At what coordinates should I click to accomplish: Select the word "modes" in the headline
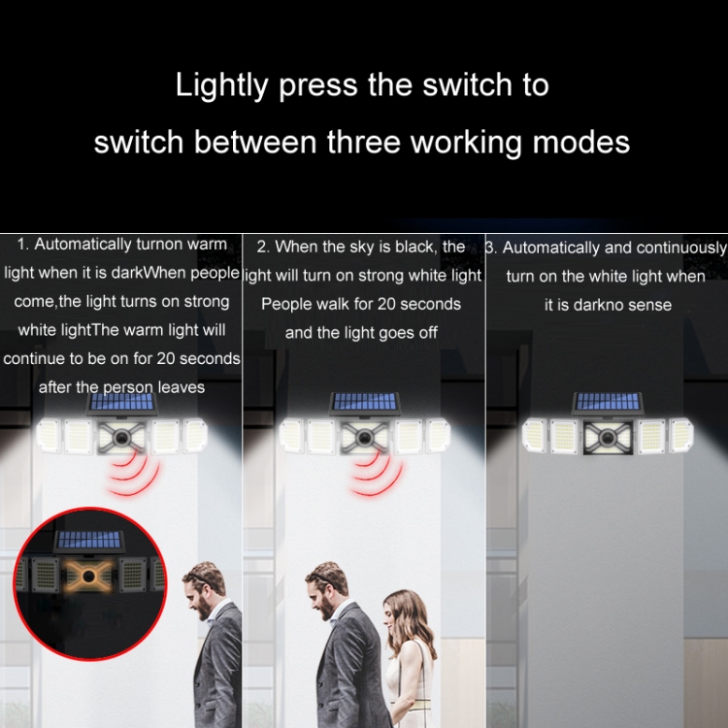point(581,142)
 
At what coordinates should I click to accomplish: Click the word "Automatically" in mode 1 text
point(83,245)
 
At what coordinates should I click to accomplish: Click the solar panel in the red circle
point(89,541)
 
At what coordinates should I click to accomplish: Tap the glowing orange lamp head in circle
point(88,577)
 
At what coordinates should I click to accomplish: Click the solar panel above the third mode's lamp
point(608,402)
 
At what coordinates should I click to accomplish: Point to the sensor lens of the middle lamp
point(365,438)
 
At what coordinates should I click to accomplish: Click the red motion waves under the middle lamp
point(375,474)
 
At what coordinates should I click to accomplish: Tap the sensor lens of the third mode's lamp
point(608,438)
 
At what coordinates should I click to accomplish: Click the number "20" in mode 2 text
point(386,305)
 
